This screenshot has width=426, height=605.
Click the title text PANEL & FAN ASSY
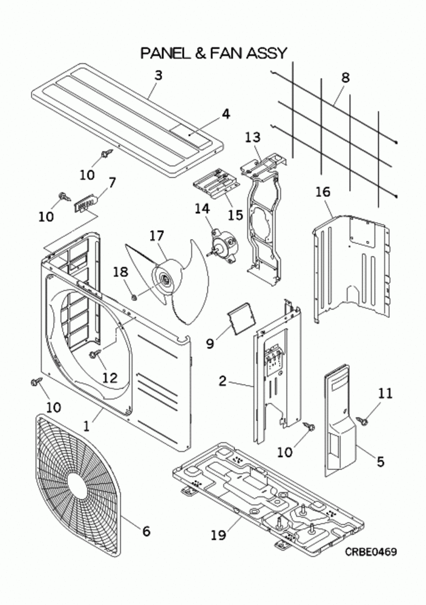(213, 53)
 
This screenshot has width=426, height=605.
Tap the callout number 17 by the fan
(156, 235)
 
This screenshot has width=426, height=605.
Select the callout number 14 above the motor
(202, 208)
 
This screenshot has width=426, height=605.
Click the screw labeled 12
(95, 353)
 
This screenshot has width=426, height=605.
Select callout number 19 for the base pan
(218, 535)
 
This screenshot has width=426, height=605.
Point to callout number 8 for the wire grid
(345, 78)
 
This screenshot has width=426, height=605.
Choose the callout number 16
(323, 192)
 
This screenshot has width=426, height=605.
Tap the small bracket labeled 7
(85, 203)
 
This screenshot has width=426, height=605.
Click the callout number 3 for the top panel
(158, 75)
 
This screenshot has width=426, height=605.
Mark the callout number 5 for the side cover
(380, 461)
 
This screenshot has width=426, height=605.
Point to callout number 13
(252, 137)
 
